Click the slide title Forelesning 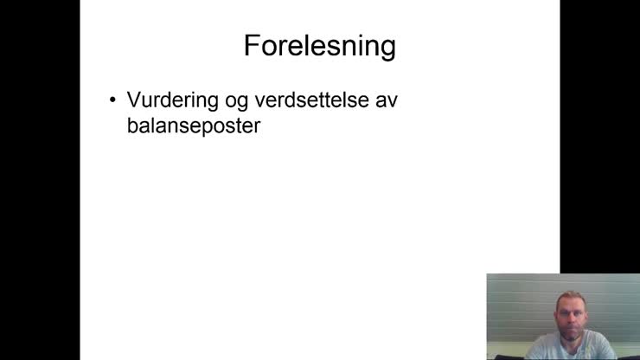[319, 46]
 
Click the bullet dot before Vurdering [112, 100]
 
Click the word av [386, 101]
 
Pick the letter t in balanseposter [238, 126]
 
